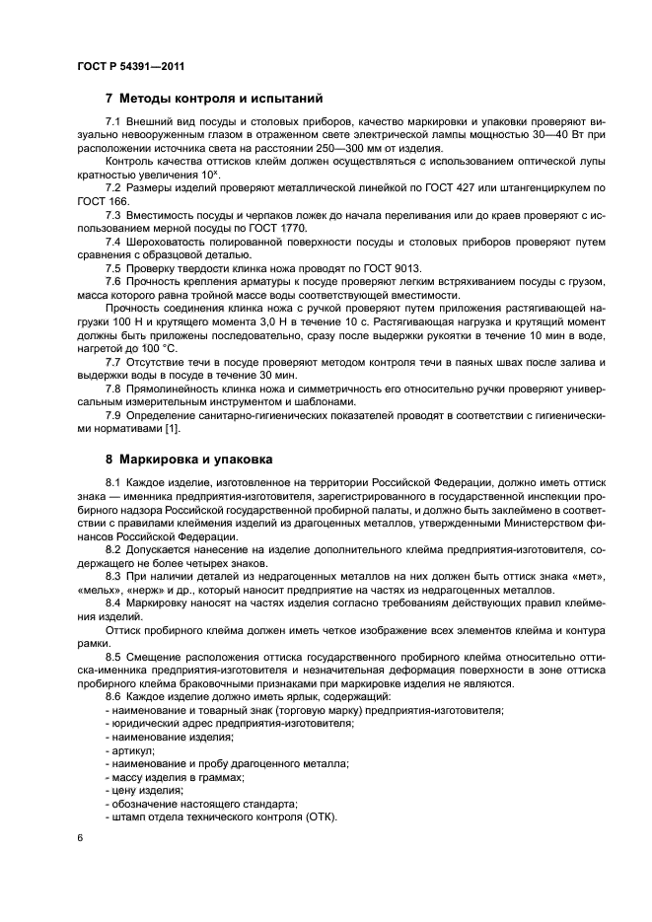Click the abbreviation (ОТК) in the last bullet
click(319, 816)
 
